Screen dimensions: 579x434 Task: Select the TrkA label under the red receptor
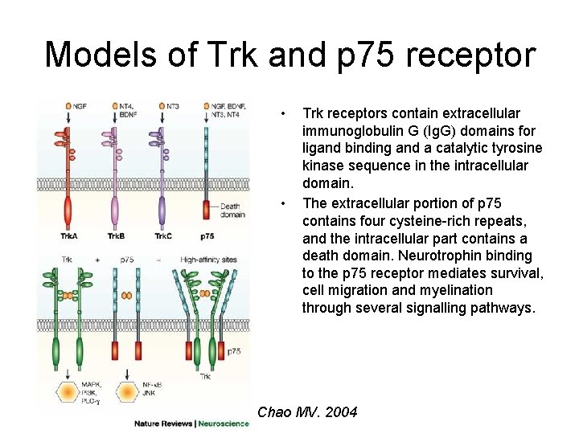click(68, 236)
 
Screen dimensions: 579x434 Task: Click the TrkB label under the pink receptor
click(116, 236)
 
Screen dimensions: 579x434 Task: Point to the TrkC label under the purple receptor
click(163, 236)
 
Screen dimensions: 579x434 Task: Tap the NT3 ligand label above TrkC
click(173, 105)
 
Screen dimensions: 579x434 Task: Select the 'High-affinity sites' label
click(207, 260)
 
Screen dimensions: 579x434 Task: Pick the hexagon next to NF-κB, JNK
click(127, 391)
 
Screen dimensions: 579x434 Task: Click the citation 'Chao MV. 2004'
click(307, 413)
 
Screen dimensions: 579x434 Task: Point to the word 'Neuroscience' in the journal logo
click(224, 424)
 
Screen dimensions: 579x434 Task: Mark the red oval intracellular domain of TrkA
click(68, 214)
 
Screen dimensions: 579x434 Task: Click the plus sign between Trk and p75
click(96, 260)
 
